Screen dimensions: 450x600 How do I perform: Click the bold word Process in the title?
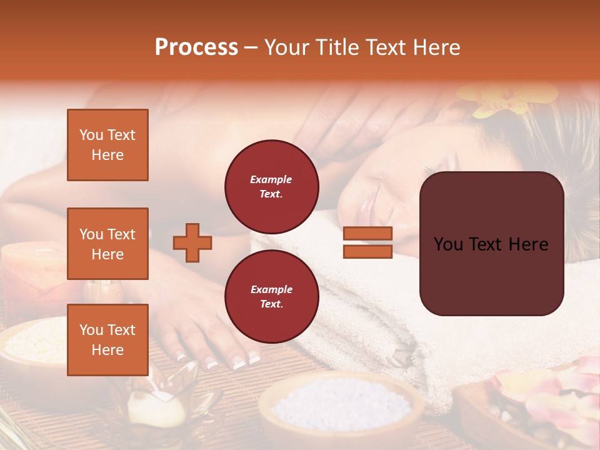click(x=196, y=47)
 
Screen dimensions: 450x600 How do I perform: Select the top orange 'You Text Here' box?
click(x=107, y=145)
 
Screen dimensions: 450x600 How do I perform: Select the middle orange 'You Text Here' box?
click(x=107, y=244)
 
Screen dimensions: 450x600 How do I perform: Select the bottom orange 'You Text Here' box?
click(x=107, y=340)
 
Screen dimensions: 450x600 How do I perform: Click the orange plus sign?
click(x=192, y=242)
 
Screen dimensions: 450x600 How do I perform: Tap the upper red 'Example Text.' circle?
click(x=271, y=187)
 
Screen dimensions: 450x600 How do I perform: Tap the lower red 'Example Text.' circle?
click(x=271, y=297)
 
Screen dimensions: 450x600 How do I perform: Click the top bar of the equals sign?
click(x=367, y=234)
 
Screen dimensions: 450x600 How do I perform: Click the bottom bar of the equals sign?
click(x=367, y=252)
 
